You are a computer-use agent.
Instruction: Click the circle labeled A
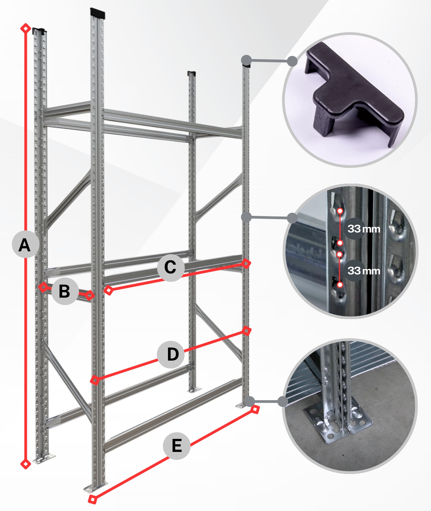click(26, 244)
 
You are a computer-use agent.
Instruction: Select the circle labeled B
click(65, 291)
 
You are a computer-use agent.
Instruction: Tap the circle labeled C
click(171, 268)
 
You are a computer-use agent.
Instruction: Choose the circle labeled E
click(177, 446)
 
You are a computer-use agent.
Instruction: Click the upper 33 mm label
click(364, 229)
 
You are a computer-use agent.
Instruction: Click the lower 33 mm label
click(364, 271)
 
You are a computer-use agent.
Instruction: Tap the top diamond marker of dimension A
click(26, 28)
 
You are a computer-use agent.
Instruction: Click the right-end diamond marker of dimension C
click(246, 263)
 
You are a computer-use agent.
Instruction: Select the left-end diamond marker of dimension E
click(92, 500)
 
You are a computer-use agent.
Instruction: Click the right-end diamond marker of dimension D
click(246, 331)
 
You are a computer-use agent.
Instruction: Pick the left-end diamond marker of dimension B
click(43, 287)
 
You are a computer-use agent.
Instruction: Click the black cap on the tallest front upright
click(97, 13)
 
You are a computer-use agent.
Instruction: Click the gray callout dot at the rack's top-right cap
click(246, 60)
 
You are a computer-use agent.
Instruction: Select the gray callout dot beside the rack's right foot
click(249, 401)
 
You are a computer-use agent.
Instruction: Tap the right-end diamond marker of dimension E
click(255, 409)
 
